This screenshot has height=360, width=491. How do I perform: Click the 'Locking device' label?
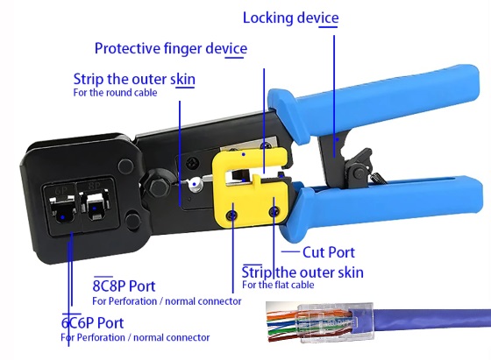(x=290, y=18)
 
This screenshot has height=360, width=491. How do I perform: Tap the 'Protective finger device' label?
(x=171, y=48)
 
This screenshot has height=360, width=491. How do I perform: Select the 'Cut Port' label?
(x=329, y=252)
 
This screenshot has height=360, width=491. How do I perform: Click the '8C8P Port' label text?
(x=124, y=286)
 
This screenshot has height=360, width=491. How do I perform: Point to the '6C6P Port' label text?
(x=92, y=323)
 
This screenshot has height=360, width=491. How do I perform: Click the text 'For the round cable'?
(x=115, y=93)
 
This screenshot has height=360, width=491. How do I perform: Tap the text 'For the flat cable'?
(x=278, y=285)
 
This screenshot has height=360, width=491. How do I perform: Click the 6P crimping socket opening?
(x=63, y=208)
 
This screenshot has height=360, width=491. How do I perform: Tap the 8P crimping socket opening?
(x=96, y=207)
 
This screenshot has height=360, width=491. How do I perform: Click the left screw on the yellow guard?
(x=231, y=215)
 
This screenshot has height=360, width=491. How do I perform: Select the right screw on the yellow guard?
(x=275, y=212)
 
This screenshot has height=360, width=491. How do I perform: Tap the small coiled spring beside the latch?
(x=377, y=178)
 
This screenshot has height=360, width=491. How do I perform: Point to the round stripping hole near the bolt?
(x=195, y=184)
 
